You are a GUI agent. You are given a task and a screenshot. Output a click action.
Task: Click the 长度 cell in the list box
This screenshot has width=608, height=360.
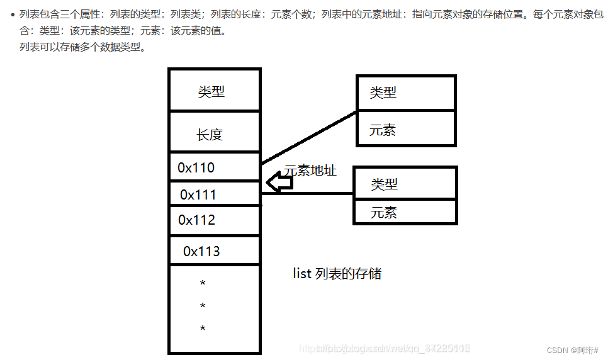(210, 134)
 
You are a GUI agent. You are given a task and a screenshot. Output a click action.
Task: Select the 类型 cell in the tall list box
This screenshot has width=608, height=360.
(211, 91)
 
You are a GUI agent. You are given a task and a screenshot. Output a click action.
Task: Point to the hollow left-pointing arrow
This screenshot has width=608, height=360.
(279, 183)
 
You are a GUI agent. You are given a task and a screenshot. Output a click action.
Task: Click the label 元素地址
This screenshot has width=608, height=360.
(310, 170)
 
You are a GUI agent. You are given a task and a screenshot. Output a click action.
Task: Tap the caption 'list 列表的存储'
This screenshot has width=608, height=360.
(337, 273)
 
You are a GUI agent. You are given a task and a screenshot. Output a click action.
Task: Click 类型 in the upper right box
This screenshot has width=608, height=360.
(383, 93)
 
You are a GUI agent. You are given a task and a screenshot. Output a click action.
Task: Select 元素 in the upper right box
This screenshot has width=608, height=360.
(383, 130)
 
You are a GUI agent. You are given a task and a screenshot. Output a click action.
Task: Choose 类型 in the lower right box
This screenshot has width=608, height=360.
(385, 184)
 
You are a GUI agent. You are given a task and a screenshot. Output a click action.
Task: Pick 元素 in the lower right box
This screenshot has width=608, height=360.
(384, 212)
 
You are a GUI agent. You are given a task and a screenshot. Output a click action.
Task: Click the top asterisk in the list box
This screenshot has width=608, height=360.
(203, 284)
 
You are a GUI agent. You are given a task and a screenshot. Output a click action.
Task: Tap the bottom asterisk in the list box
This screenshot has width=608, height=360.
(203, 329)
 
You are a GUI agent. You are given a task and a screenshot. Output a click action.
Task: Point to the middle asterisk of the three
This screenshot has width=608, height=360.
(203, 306)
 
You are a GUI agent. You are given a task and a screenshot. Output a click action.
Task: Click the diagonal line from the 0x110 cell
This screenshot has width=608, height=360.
(308, 137)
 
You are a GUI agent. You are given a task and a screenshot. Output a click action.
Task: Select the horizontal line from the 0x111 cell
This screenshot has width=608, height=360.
(307, 194)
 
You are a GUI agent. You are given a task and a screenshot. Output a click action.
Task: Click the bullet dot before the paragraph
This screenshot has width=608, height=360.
(13, 14)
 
